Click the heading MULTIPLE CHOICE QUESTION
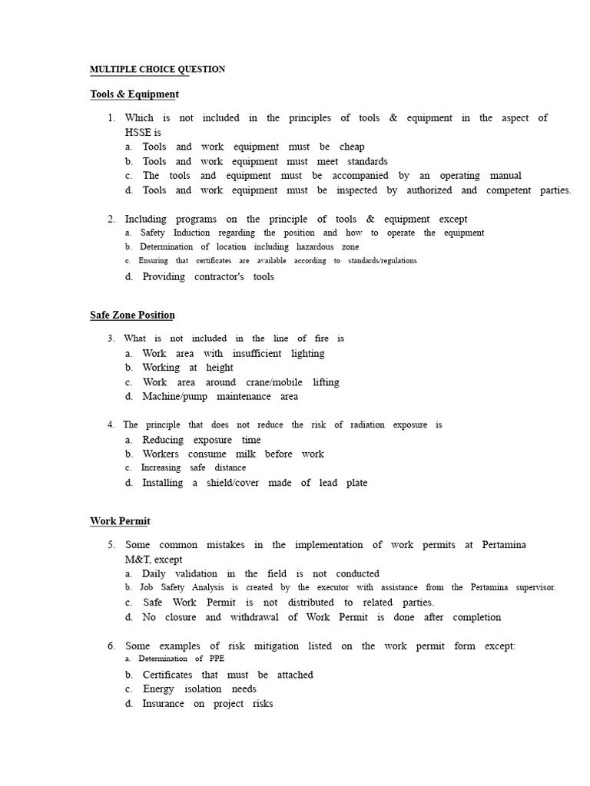pos(157,69)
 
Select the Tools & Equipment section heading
pos(134,94)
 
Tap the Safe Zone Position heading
pos(132,315)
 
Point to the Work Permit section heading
pos(120,521)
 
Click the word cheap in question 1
pos(352,147)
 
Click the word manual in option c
pos(505,176)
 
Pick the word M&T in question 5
pos(128,560)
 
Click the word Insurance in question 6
pos(164,703)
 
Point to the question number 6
pos(112,646)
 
